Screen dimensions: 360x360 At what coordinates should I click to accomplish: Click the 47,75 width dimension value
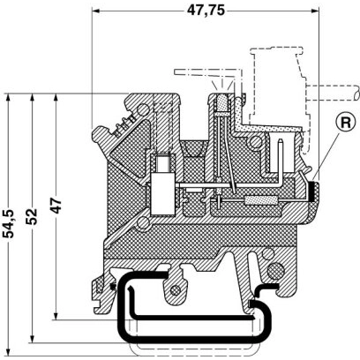point(206,11)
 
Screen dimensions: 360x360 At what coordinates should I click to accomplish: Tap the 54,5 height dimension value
point(9,223)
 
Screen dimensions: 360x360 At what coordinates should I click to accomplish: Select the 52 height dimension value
point(32,216)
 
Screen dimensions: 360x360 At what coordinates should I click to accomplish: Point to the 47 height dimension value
point(56,206)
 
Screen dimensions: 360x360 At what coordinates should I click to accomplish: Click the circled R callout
point(346,123)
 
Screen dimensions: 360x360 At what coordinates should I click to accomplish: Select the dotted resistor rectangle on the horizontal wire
point(260,200)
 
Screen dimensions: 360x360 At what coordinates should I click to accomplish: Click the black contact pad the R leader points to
point(312,192)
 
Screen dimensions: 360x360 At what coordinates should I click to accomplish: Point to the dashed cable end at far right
point(334,92)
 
